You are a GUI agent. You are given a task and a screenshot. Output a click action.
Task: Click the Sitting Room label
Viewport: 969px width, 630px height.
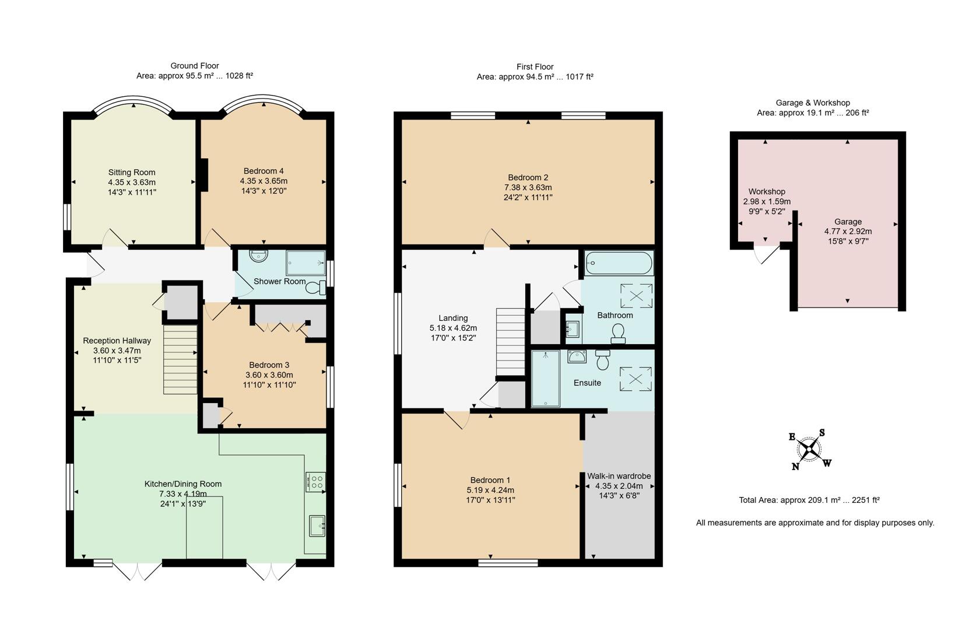coord(132,172)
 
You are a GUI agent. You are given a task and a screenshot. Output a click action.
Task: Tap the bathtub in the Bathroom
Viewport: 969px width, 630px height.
coord(619,263)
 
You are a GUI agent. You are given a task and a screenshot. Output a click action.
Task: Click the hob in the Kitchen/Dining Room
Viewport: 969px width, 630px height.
coord(315,482)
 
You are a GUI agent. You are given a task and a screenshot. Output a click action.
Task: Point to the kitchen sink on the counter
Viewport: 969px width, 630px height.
coord(317,526)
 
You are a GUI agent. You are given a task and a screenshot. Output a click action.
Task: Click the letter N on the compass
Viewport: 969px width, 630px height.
coord(795,466)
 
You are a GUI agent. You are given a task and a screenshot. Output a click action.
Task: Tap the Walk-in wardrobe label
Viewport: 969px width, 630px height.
coord(619,476)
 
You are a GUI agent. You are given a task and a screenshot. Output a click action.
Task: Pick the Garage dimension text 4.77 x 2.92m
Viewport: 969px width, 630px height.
coord(848,231)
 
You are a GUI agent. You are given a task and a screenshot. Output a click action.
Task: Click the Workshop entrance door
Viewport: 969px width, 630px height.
coord(767,254)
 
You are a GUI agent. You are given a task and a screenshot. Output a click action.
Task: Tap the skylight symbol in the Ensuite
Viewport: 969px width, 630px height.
coord(636,379)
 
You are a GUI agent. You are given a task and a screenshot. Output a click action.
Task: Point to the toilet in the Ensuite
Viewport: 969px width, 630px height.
coord(603,361)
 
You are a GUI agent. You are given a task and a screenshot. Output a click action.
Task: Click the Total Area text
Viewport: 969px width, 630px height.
coord(809,500)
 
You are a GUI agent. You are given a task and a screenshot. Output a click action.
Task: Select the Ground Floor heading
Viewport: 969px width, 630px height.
coord(194,66)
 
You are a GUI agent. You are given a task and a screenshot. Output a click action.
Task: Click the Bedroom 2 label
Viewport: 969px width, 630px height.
coord(528,177)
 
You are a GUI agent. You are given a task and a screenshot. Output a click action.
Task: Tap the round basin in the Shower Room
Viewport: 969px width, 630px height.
coord(257,256)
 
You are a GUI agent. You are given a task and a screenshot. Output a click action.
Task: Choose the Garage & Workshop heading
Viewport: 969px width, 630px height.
coord(812,103)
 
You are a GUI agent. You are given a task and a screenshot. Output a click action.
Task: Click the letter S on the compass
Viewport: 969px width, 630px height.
coord(822,432)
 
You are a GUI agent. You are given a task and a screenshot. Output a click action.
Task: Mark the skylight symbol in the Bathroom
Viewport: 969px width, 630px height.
coord(636,295)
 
